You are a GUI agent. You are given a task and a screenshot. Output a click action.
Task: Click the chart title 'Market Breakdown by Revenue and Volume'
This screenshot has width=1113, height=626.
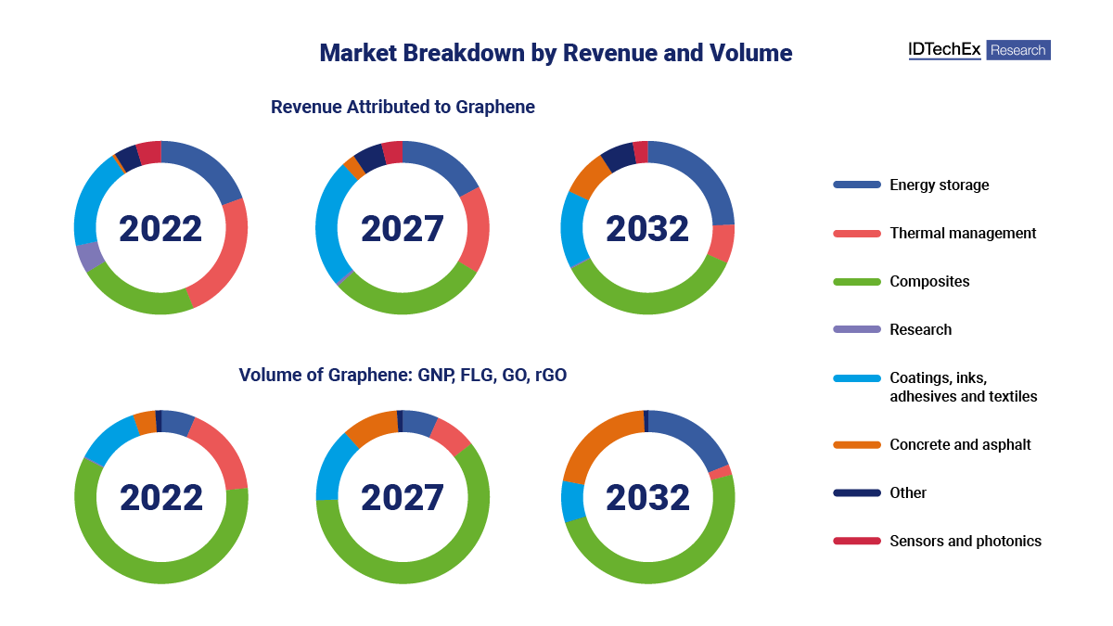556,53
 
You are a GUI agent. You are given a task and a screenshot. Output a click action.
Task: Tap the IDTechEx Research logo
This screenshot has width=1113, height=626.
979,50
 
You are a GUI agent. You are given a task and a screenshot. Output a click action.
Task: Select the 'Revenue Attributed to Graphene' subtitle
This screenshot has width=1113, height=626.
403,107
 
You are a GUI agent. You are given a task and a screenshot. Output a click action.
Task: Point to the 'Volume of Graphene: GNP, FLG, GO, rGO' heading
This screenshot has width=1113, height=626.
403,375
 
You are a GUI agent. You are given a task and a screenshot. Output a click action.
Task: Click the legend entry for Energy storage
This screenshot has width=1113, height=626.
939,185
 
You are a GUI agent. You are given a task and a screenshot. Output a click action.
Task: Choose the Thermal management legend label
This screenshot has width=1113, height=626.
962,233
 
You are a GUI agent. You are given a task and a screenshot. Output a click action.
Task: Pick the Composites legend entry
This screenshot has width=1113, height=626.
928,281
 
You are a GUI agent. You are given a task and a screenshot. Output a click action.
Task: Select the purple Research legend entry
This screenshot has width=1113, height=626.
920,329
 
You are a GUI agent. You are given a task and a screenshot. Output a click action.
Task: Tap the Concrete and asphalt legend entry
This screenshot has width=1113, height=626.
959,444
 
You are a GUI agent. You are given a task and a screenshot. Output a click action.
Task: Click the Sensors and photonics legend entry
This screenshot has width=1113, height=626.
965,541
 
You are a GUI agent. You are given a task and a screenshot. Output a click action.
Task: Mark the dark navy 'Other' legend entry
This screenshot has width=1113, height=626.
907,492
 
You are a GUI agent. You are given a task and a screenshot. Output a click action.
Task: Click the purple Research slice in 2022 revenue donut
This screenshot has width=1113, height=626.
89,256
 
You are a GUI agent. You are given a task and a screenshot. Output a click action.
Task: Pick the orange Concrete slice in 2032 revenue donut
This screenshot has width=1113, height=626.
586,177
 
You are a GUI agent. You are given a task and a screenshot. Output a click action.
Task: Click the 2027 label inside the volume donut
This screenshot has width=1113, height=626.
403,498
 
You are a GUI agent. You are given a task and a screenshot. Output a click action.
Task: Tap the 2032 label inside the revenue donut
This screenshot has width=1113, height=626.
647,229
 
